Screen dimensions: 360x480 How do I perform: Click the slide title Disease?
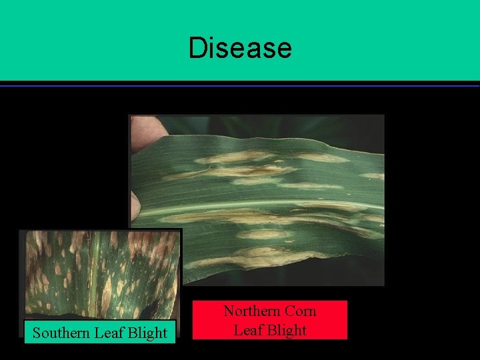coord(240,48)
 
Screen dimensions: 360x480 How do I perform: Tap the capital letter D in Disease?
coord(197,48)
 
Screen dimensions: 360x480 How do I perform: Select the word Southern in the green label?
coord(60,333)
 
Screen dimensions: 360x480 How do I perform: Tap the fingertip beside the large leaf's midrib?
coord(135,203)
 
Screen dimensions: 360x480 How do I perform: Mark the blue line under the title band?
coord(240,85)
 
